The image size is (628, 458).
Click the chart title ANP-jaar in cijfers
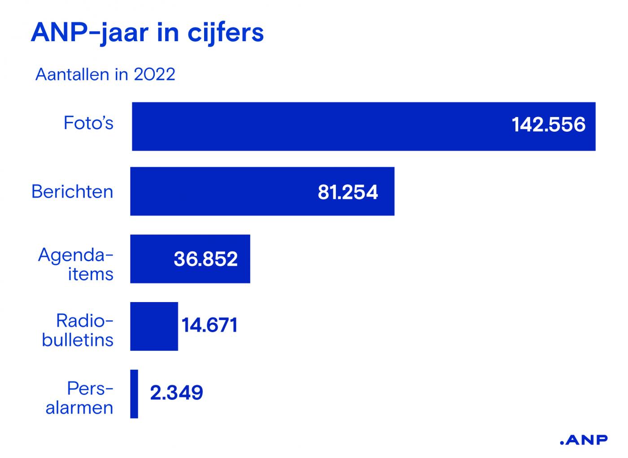click(147, 32)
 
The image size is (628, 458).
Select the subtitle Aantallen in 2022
click(105, 74)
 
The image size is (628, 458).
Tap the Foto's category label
click(88, 123)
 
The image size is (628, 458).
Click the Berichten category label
click(72, 192)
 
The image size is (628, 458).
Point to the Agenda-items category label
click(76, 264)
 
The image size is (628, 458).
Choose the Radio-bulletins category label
click(78, 331)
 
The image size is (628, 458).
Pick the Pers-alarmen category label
click(80, 398)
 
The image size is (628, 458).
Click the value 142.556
click(548, 125)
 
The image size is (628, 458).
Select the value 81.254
click(348, 192)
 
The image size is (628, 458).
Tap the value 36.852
click(205, 259)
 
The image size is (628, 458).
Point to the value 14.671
click(209, 325)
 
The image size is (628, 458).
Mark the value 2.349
click(176, 393)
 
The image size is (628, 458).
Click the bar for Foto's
click(314, 126)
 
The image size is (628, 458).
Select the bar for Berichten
click(224, 191)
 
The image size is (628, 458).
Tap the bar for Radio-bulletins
click(154, 326)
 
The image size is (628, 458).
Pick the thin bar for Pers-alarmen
click(134, 394)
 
